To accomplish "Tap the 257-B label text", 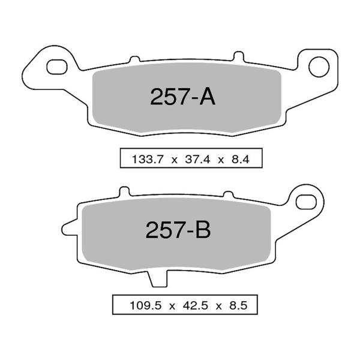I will [x=178, y=230].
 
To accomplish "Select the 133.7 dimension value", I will [x=146, y=160].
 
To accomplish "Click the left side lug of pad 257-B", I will [x=70, y=229].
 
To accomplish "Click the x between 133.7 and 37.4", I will [x=173, y=160].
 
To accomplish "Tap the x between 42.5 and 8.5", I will [x=219, y=305].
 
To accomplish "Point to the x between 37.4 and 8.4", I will [x=220, y=160].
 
